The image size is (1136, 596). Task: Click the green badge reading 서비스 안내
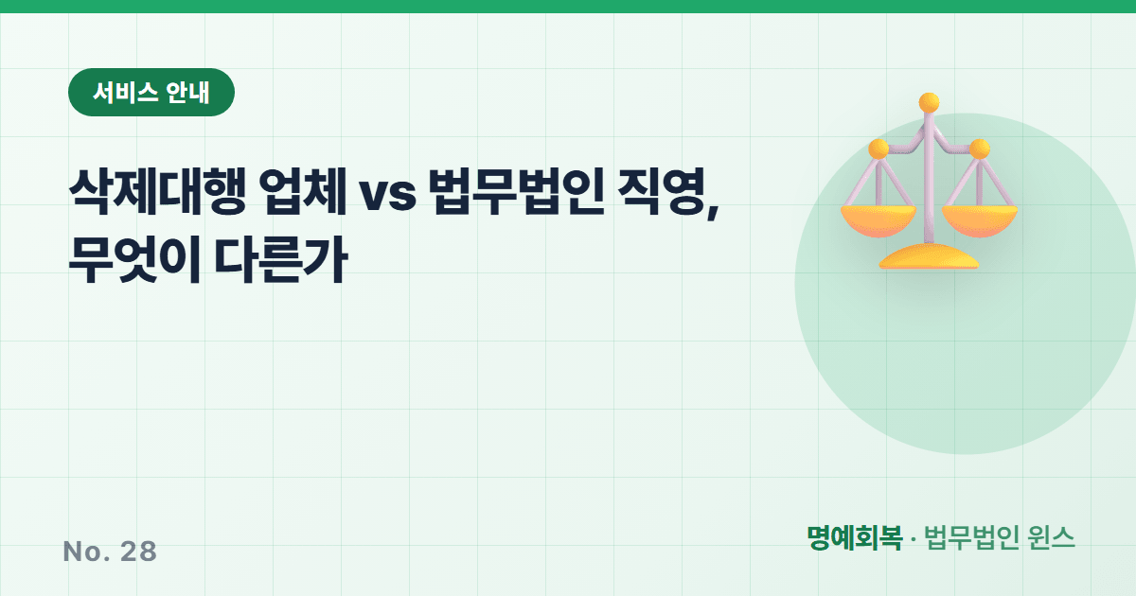tap(151, 93)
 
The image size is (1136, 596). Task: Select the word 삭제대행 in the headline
tap(157, 192)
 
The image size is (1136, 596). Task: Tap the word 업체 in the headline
tap(303, 192)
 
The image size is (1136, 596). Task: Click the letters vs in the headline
tap(387, 194)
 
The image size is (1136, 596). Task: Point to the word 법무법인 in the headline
tap(516, 192)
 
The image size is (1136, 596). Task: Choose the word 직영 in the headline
tap(662, 192)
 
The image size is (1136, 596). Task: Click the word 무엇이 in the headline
tap(134, 260)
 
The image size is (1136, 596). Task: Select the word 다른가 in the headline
tap(281, 260)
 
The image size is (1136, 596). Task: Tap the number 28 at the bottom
tap(138, 552)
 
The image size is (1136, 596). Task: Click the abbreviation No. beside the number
tap(86, 552)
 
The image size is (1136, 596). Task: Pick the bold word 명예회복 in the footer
tap(855, 537)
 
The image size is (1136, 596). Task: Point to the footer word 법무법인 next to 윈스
tap(971, 537)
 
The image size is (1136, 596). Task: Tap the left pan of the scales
tap(879, 221)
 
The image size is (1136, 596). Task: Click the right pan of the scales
tap(980, 221)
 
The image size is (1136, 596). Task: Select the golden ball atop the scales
tap(929, 103)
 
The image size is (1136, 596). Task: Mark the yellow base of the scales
tap(929, 256)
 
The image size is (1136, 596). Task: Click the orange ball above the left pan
tap(879, 149)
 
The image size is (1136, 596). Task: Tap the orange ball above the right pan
tap(980, 149)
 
